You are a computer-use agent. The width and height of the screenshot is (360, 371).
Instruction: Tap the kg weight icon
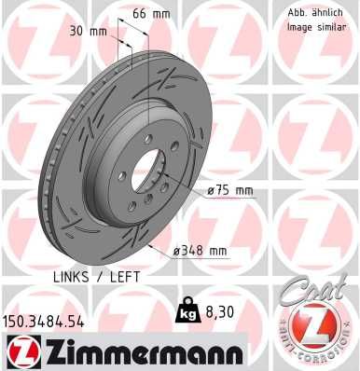click(x=185, y=315)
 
